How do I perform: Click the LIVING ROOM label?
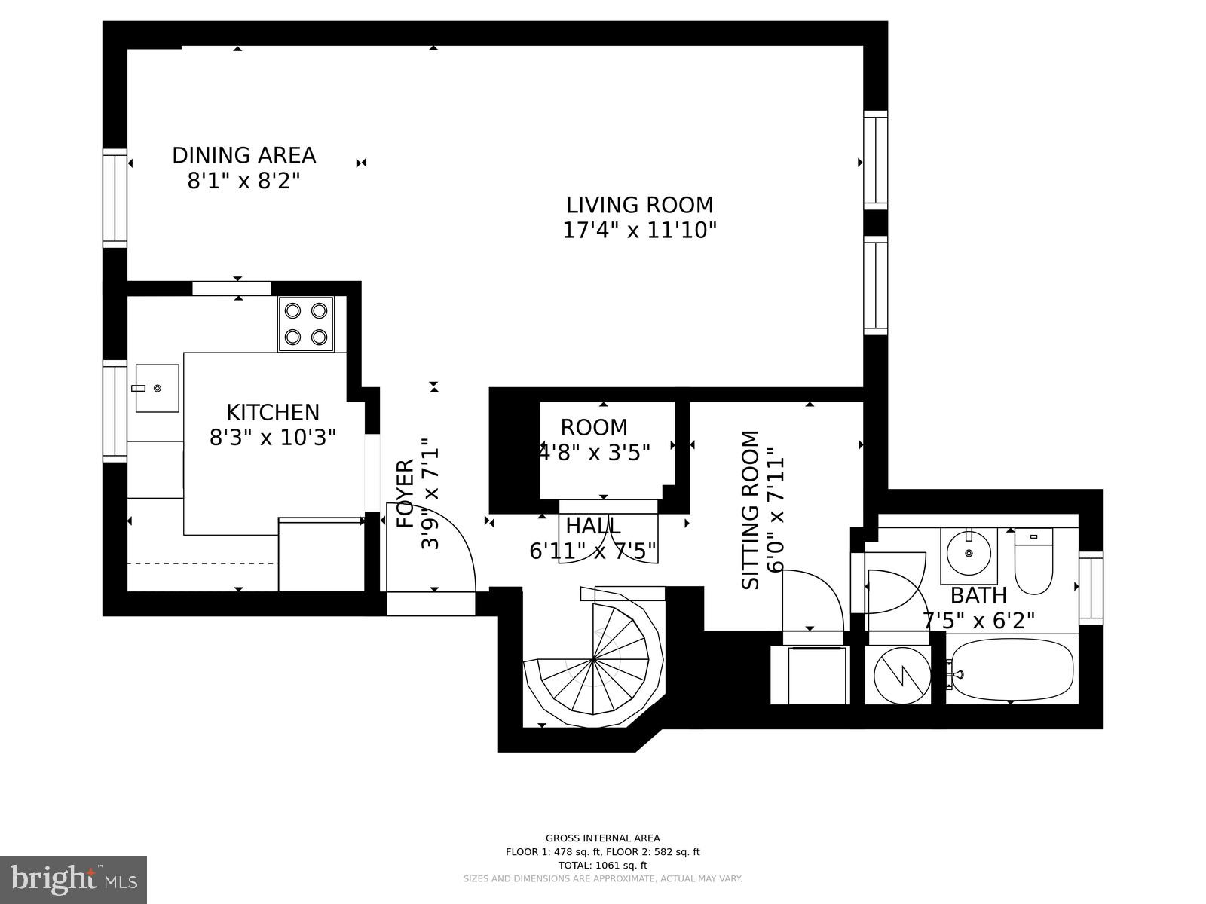(x=639, y=205)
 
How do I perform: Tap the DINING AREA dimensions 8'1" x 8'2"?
(x=243, y=182)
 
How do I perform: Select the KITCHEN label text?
(x=273, y=412)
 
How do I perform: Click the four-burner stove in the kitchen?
(x=306, y=324)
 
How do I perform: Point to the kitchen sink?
(x=157, y=388)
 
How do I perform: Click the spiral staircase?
(x=594, y=659)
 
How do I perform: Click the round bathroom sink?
(x=969, y=554)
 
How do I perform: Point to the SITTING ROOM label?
(x=751, y=510)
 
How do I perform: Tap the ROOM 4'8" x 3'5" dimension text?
(x=595, y=452)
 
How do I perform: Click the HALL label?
(x=593, y=526)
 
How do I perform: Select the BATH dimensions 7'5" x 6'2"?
(x=978, y=621)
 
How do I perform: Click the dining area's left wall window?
(x=115, y=198)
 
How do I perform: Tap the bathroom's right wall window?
(x=1091, y=588)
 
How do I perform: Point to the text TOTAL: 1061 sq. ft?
(x=602, y=866)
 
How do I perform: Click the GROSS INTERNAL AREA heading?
(x=602, y=838)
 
